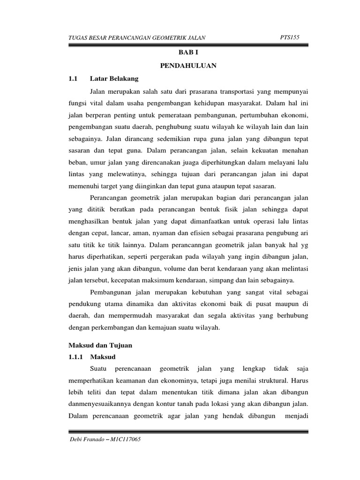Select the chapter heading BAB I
coord(189,54)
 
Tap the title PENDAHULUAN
coord(189,66)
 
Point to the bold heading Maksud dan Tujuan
coord(100,345)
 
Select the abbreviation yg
coord(303,244)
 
